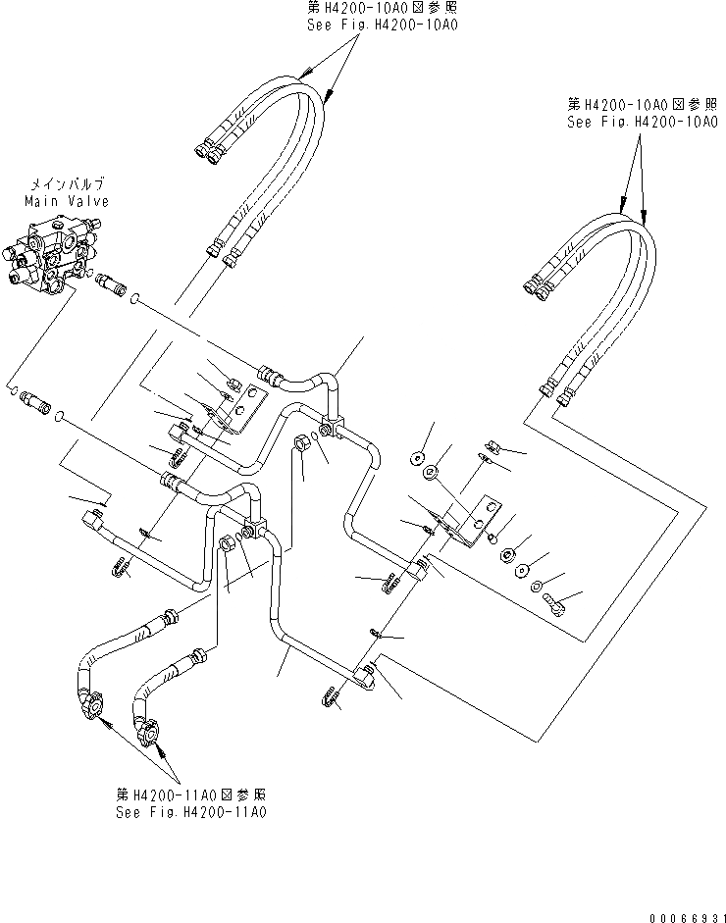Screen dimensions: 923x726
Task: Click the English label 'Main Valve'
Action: (67, 200)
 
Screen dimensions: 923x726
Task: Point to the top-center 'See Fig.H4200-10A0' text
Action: (383, 24)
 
